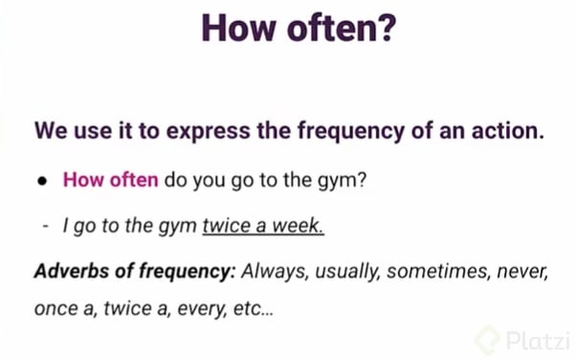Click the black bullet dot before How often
44,180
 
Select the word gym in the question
338,179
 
